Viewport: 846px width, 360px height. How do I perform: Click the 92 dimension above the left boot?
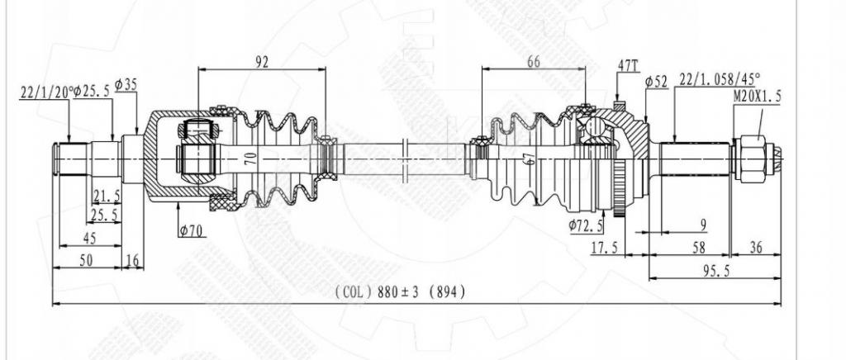pyautogui.click(x=261, y=62)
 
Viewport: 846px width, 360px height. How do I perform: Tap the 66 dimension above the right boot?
pyautogui.click(x=533, y=62)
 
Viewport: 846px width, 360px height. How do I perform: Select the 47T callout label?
pyautogui.click(x=628, y=66)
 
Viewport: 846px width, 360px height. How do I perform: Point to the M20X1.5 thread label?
pyautogui.click(x=757, y=97)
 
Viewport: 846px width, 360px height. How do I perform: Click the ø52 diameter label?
pyautogui.click(x=657, y=83)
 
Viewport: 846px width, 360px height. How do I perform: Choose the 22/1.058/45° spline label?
pyautogui.click(x=720, y=79)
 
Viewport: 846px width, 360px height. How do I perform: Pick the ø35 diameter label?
pyautogui.click(x=126, y=84)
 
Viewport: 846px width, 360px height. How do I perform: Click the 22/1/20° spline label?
pyautogui.click(x=45, y=92)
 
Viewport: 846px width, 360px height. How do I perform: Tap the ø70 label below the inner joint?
pyautogui.click(x=191, y=231)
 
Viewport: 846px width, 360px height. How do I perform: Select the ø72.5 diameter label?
pyautogui.click(x=586, y=226)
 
